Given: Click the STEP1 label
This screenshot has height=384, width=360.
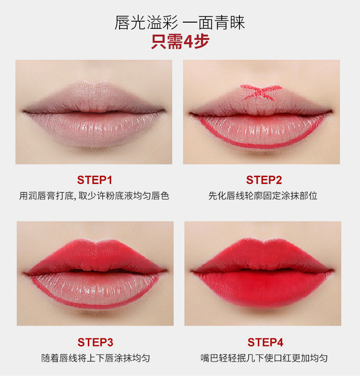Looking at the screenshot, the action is [x=95, y=180].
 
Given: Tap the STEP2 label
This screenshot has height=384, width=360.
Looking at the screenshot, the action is [x=264, y=180].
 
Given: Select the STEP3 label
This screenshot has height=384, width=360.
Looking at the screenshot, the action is [x=96, y=342].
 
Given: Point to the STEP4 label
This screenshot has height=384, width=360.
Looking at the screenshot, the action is [x=265, y=342].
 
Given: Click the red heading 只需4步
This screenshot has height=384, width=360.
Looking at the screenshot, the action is [x=180, y=41].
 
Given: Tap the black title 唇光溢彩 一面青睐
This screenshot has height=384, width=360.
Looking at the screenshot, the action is [x=180, y=23].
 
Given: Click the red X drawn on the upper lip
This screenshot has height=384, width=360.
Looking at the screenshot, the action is [x=261, y=92].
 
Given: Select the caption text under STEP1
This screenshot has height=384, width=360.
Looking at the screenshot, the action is [x=94, y=196].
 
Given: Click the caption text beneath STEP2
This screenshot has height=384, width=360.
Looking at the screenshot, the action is [x=263, y=196].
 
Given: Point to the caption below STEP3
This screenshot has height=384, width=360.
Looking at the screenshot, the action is [x=96, y=358].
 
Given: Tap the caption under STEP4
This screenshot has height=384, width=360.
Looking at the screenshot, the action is [x=264, y=358].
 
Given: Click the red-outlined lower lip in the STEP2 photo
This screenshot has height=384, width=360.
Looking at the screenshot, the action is [x=261, y=131].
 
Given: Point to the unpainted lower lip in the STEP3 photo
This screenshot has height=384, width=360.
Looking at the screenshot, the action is [x=96, y=289].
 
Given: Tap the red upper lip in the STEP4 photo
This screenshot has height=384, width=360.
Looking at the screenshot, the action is [x=263, y=256].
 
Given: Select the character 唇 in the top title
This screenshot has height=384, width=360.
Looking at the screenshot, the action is [x=122, y=23].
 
